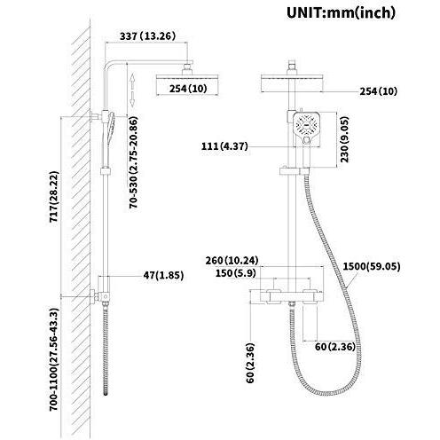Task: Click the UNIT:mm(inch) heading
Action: click(341, 12)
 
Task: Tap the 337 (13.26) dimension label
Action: click(147, 36)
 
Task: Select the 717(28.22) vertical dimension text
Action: click(54, 197)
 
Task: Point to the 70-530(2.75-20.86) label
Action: click(133, 162)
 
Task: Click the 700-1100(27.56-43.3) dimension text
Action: click(54, 359)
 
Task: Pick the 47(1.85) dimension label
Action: click(163, 275)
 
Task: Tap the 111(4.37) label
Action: click(224, 146)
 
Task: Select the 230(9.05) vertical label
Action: click(344, 139)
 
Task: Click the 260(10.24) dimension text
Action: click(232, 261)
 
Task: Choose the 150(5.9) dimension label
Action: click(235, 273)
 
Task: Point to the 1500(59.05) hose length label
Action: click(372, 266)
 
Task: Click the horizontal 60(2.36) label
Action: click(334, 347)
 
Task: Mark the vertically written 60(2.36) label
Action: click(250, 363)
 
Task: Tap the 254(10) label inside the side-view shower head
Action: click(188, 89)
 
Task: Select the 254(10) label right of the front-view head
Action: click(378, 91)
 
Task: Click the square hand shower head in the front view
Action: click(307, 128)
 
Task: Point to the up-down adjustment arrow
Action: click(132, 90)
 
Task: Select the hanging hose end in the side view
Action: click(106, 393)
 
